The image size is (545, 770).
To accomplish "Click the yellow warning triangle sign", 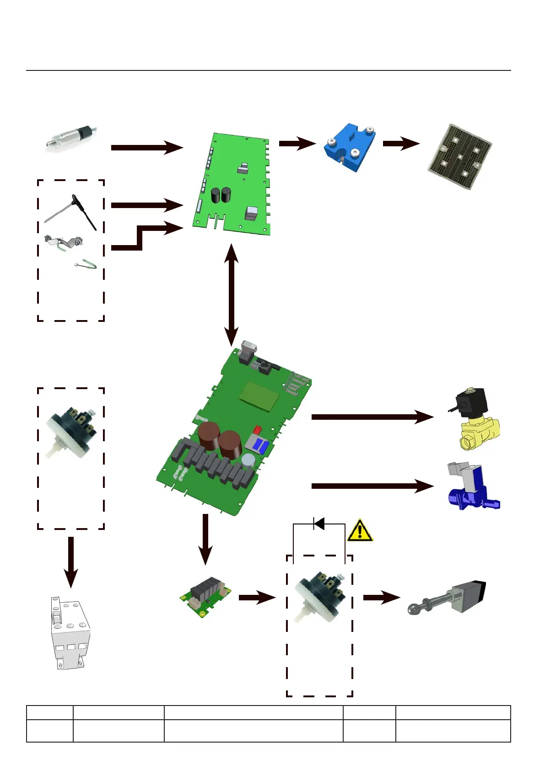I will coord(360,531).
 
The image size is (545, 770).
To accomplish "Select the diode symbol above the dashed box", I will coord(319,524).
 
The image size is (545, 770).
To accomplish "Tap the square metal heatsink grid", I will coord(459,156).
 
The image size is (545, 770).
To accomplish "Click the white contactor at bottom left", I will coord(70,633).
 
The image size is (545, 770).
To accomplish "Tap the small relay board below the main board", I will coord(205,596).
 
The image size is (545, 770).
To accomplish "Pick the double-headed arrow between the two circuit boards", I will coord(232,295).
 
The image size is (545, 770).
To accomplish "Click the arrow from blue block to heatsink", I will coord(401,143).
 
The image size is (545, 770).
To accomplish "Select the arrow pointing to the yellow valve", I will coord(372,417).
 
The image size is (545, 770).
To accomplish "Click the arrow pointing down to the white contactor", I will coord(71,561).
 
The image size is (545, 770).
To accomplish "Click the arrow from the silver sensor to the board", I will coord(146,147).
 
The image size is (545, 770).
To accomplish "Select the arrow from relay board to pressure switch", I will coord(257,597).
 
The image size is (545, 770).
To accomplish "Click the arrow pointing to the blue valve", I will coord(372,486).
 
